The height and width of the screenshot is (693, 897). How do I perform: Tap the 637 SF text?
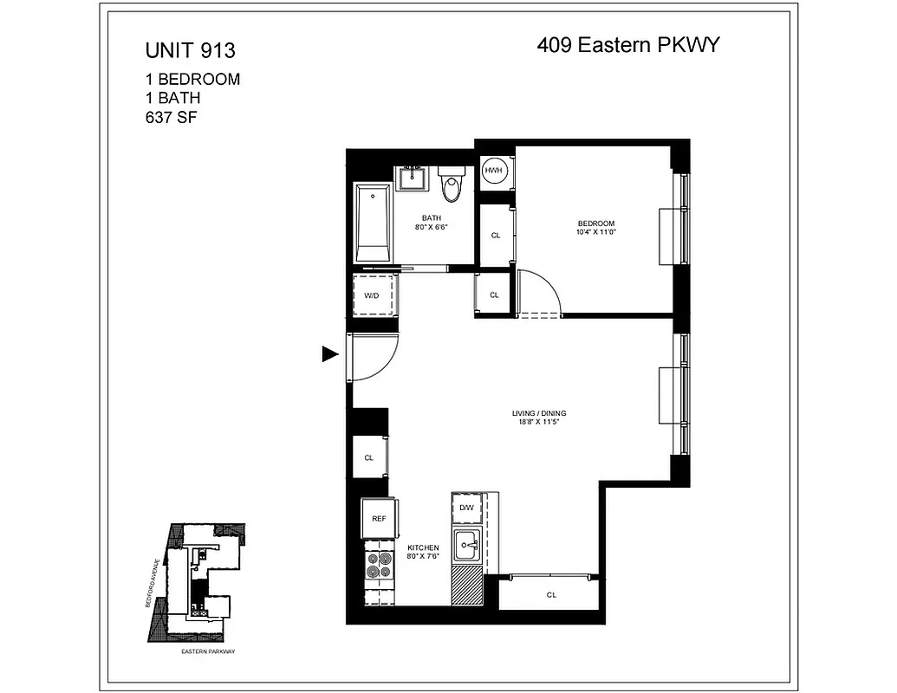[x=172, y=118]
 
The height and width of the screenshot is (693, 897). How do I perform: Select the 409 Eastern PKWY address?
[x=628, y=45]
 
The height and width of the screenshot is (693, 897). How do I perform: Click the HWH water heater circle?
[x=494, y=172]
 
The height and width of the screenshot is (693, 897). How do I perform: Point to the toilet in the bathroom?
[x=451, y=185]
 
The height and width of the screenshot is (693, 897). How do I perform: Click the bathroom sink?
[x=412, y=178]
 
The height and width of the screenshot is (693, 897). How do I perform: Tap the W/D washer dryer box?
[x=373, y=295]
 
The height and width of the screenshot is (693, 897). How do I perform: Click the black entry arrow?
[x=329, y=353]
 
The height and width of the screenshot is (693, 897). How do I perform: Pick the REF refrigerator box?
[x=379, y=518]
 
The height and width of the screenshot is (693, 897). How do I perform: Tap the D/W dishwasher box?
[x=466, y=508]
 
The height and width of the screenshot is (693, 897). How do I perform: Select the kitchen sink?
[x=468, y=546]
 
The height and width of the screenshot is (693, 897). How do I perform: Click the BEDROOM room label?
[x=595, y=223]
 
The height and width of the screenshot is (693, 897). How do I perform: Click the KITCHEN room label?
[x=424, y=548]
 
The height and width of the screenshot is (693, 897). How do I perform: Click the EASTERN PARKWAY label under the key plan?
[x=208, y=651]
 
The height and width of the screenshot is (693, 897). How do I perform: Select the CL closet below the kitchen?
[x=551, y=594]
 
